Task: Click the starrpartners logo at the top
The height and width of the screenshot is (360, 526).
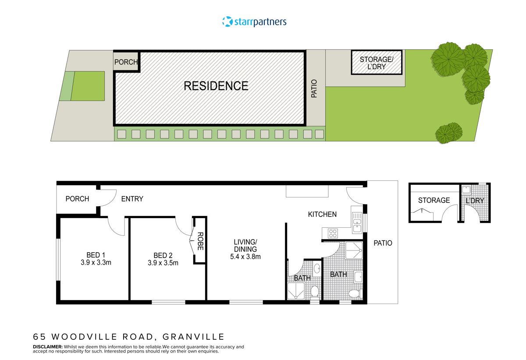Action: pyautogui.click(x=255, y=21)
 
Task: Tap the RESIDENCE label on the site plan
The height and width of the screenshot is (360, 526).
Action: pyautogui.click(x=216, y=86)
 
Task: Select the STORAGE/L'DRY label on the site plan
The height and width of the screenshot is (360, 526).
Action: pyautogui.click(x=377, y=63)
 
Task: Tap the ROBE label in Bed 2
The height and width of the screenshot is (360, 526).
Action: pyautogui.click(x=200, y=241)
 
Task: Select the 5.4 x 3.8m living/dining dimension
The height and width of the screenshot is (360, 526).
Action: pyautogui.click(x=245, y=257)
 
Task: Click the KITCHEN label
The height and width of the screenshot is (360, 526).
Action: pyautogui.click(x=322, y=214)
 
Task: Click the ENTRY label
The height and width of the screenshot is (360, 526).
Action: pyautogui.click(x=132, y=199)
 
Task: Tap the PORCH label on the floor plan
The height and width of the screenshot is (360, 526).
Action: pyautogui.click(x=77, y=199)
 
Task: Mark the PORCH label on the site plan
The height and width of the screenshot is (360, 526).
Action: pyautogui.click(x=126, y=62)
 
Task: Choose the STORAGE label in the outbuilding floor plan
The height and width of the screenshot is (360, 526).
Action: pyautogui.click(x=434, y=200)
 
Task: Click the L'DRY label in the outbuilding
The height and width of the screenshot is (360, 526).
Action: pyautogui.click(x=475, y=201)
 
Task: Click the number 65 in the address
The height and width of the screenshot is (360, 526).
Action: pyautogui.click(x=39, y=337)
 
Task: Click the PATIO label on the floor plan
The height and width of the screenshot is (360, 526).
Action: pyautogui.click(x=383, y=243)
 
